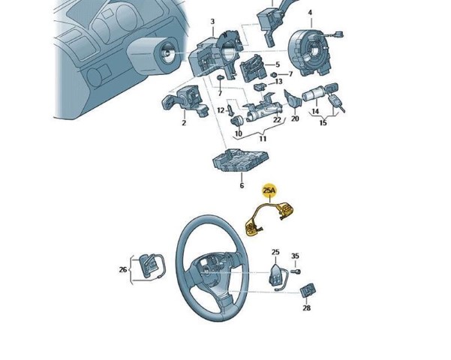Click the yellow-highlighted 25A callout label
coord(270,190)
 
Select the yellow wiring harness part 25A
coord(269,218)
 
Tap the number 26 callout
coord(123,270)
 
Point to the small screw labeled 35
coord(296,271)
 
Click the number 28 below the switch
coord(307,308)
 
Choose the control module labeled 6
coord(240,160)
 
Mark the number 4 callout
coord(310,13)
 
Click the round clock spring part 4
coord(311,52)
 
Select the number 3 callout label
coord(212,22)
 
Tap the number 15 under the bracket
coord(323,123)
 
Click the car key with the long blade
coord(335,103)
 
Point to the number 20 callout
coord(295,118)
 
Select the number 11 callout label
coord(263,139)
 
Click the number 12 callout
coord(221,110)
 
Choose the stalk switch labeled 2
coord(185,101)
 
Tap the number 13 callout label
coord(278,82)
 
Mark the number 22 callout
coord(277,119)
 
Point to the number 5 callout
coord(278,64)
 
